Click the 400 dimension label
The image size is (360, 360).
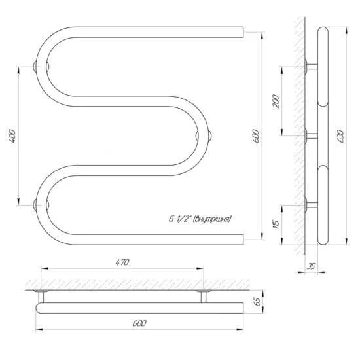coord(12,136)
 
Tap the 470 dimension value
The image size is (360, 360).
coord(122,262)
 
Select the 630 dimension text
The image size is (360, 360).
coord(341,136)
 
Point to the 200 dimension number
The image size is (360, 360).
coord(276,101)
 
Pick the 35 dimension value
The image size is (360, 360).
coord(311,266)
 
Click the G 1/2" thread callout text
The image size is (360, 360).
coord(200,219)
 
